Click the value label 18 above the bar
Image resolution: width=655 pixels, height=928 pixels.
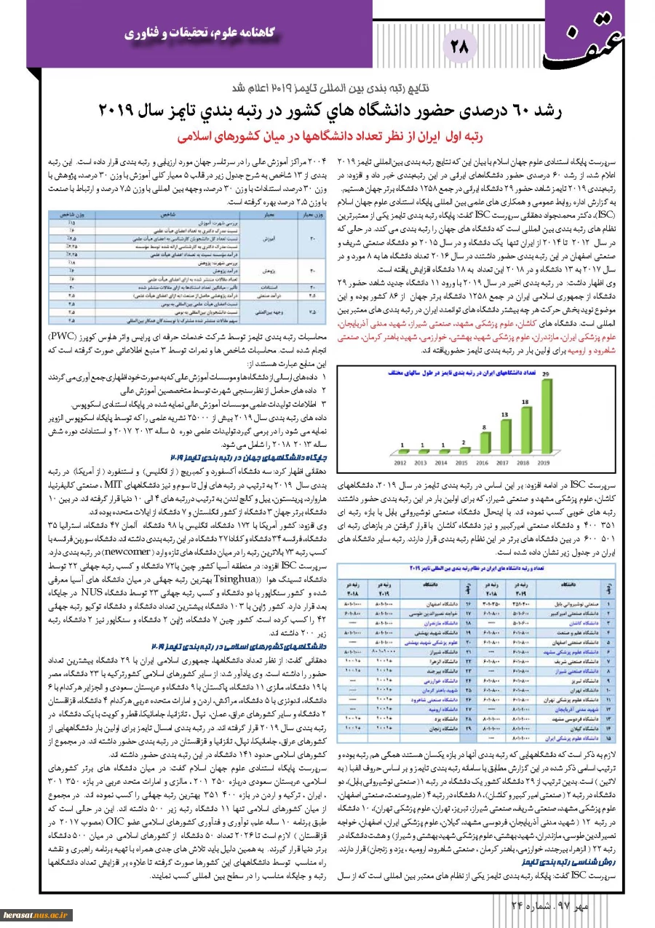[x=525, y=401]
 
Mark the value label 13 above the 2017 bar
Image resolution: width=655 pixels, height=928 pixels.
[x=506, y=413]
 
